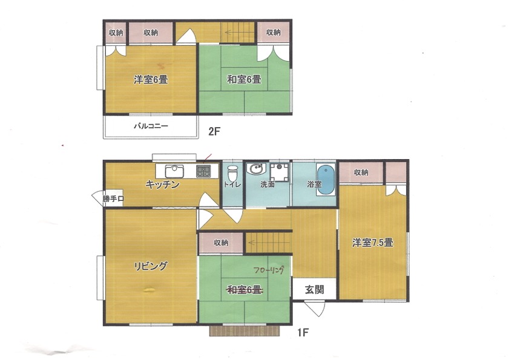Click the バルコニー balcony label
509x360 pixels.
click(x=151, y=126)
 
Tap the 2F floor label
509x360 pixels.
click(x=214, y=131)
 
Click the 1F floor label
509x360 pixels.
click(x=303, y=333)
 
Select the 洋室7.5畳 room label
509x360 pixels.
click(x=373, y=243)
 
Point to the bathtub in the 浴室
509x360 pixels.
click(x=326, y=180)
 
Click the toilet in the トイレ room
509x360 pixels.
click(x=232, y=174)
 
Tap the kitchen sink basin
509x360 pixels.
click(x=174, y=171)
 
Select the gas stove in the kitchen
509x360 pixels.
click(x=203, y=171)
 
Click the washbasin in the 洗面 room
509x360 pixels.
click(x=257, y=169)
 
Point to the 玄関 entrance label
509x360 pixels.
click(x=314, y=289)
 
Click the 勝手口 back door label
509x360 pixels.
click(x=113, y=199)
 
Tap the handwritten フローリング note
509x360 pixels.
click(x=269, y=270)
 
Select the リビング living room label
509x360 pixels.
click(x=151, y=266)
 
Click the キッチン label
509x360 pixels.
click(x=162, y=185)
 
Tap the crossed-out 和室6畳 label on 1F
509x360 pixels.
click(x=244, y=290)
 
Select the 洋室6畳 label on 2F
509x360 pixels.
click(x=151, y=79)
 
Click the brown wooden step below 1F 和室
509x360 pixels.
click(x=245, y=330)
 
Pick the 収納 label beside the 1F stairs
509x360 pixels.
click(x=221, y=243)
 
